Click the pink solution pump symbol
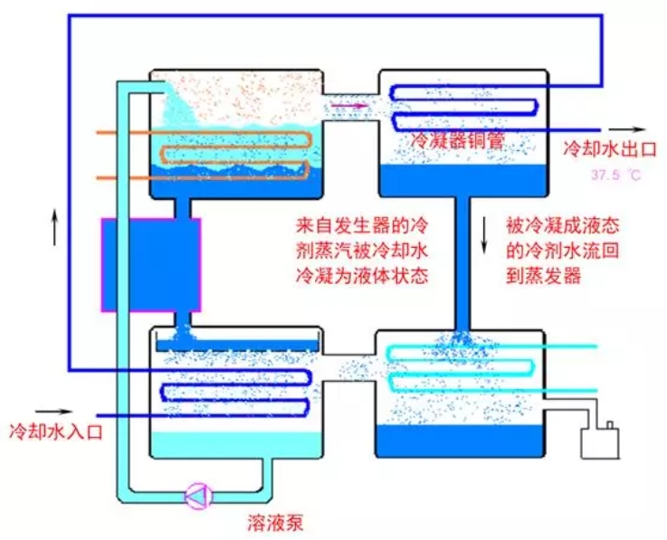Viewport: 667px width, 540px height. click(196, 495)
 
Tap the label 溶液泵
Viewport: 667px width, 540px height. click(271, 521)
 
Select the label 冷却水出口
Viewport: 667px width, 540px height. click(604, 147)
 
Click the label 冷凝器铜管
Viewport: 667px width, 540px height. click(452, 141)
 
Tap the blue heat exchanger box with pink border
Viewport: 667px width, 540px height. click(151, 264)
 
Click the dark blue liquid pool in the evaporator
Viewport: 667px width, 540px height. click(461, 441)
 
